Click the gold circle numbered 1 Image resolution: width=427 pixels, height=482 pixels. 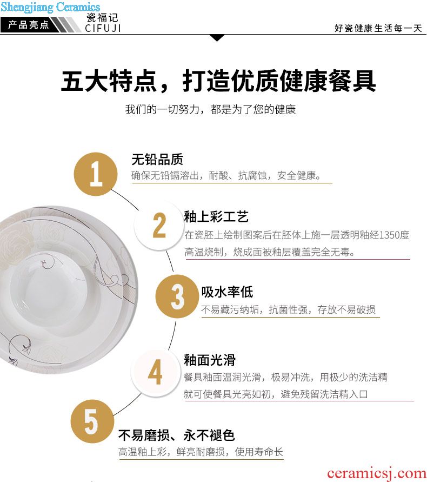96,174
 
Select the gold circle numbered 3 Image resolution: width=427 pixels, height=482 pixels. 177,296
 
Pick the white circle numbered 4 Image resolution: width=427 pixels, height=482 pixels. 156,372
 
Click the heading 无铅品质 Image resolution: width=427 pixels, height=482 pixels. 157,159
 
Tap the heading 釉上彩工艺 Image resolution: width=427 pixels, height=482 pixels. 216,216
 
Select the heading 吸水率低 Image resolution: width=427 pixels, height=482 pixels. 227,292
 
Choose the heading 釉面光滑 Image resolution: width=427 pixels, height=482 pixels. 210,360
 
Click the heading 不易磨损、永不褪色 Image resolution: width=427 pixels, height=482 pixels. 176,435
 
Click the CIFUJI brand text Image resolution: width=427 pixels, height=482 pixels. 103,28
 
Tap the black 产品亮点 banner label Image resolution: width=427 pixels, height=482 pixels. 28,24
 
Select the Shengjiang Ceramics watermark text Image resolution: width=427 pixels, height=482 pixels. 50,7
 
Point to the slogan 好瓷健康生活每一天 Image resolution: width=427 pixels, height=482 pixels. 378,28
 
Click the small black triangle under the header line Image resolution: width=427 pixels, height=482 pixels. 217,38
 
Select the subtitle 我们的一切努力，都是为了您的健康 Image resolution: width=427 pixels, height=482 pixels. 210,109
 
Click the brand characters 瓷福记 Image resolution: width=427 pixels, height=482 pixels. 102,17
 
